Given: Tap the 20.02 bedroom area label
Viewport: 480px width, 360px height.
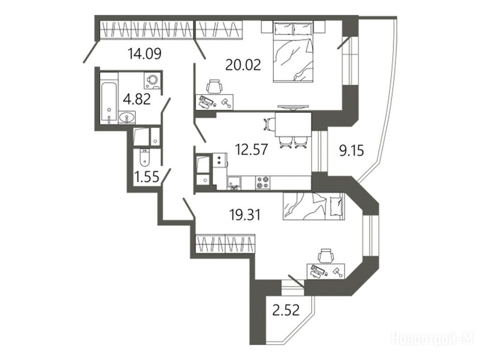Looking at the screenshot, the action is click(x=243, y=65).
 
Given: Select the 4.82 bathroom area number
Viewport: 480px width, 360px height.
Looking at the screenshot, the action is click(x=136, y=99).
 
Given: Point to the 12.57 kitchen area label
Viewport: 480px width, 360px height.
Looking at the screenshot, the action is click(x=251, y=150).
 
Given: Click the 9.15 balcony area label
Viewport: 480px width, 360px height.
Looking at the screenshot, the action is click(x=352, y=150).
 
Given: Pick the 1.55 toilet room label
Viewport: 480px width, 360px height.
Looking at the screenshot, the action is click(x=147, y=177).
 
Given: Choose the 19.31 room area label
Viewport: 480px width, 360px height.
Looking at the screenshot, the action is click(x=245, y=215).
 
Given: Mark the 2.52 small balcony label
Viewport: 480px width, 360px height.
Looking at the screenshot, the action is click(x=285, y=310).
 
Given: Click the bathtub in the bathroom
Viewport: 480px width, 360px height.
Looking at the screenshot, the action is click(x=109, y=98).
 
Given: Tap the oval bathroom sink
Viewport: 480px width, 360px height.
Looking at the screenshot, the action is click(x=127, y=118).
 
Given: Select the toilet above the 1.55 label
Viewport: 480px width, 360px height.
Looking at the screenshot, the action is click(x=143, y=157).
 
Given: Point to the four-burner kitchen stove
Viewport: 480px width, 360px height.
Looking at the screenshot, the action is click(x=262, y=182).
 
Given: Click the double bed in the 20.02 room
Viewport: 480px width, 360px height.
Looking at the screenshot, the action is click(x=293, y=52).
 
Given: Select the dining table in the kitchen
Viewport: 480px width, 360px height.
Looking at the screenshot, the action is click(x=293, y=125).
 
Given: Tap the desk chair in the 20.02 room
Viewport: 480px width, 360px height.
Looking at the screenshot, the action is click(x=214, y=86).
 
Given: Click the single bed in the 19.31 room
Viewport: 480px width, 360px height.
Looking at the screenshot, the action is click(x=314, y=206).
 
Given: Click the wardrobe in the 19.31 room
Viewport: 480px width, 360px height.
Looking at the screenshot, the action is click(x=225, y=244).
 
